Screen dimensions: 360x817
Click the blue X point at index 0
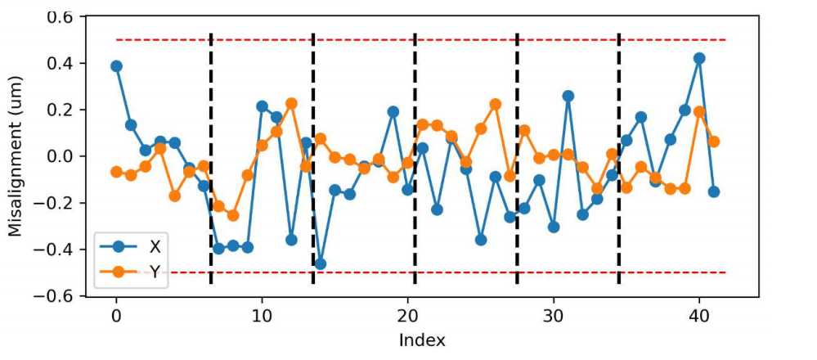click(x=116, y=66)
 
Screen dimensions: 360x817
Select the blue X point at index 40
click(x=699, y=58)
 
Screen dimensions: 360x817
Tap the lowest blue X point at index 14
click(x=321, y=263)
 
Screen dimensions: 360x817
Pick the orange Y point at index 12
click(x=291, y=103)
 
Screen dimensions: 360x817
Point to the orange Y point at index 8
click(x=233, y=215)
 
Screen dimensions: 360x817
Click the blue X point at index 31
click(x=568, y=96)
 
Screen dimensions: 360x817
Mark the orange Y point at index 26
click(x=496, y=104)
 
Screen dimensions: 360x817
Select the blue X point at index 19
click(x=393, y=111)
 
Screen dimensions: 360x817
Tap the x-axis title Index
click(x=422, y=340)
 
